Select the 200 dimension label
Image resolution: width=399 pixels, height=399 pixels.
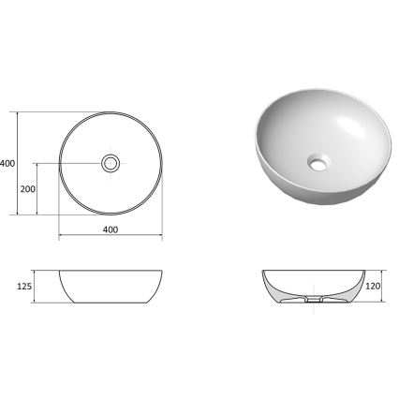click(x=27, y=189)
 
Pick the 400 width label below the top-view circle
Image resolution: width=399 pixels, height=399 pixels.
click(x=110, y=229)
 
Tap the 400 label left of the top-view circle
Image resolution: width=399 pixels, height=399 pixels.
click(x=7, y=164)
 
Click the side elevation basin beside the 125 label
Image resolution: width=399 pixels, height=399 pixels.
click(x=111, y=288)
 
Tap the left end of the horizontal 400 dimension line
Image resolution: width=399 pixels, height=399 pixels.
click(x=59, y=235)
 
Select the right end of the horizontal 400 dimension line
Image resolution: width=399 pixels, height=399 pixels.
click(x=162, y=235)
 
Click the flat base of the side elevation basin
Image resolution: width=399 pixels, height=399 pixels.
click(x=111, y=303)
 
